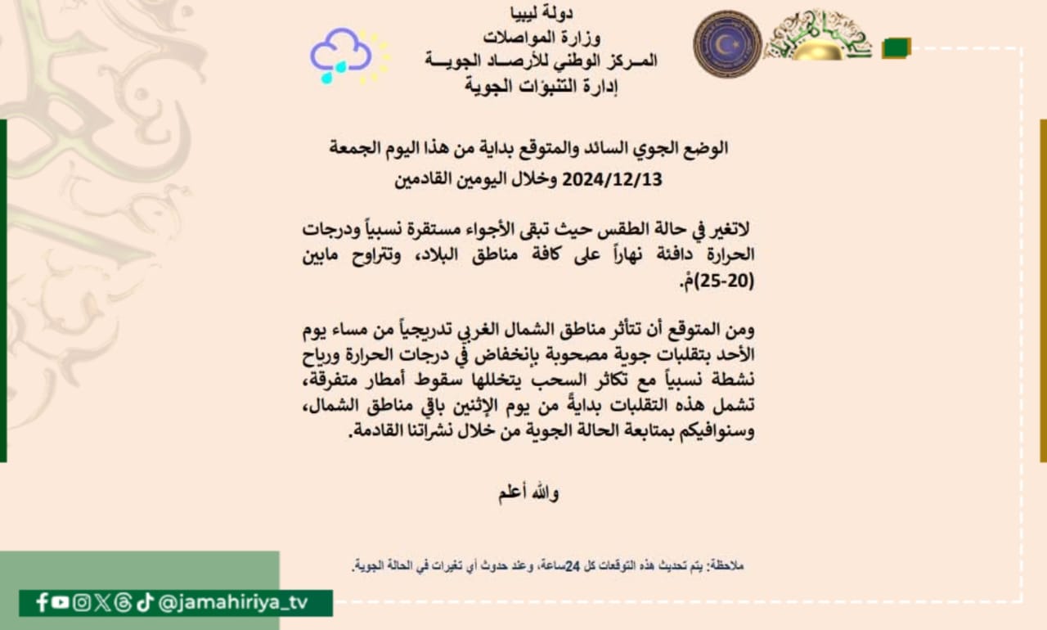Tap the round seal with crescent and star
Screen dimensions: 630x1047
click(x=727, y=43)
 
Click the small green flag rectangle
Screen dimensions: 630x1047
click(x=896, y=48)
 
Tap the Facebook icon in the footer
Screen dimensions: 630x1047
click(x=42, y=603)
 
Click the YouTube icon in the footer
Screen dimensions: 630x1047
click(x=61, y=603)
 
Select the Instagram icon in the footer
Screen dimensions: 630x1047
click(x=82, y=603)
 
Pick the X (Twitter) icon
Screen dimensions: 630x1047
click(x=102, y=603)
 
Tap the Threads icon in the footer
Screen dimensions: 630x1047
click(x=124, y=603)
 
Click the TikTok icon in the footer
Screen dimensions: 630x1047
click(x=145, y=603)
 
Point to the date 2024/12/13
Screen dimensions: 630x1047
click(x=612, y=178)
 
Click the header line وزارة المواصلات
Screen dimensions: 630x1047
click(x=541, y=37)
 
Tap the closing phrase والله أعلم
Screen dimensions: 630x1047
click(x=529, y=493)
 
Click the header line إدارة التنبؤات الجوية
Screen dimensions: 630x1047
click(x=541, y=84)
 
